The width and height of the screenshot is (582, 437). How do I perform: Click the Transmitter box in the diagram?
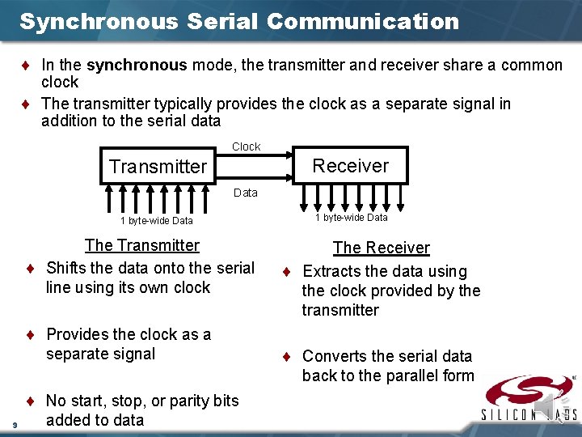[x=158, y=167]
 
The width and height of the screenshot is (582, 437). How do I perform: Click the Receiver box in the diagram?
[x=350, y=166]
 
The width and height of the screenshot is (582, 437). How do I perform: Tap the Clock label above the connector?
[x=246, y=146]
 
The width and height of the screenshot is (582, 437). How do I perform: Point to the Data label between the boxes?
[x=245, y=193]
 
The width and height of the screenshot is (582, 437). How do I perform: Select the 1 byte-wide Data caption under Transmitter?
[x=157, y=220]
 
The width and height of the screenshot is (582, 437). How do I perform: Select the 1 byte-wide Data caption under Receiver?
[x=351, y=217]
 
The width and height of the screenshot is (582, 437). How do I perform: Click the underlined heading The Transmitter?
[x=141, y=245]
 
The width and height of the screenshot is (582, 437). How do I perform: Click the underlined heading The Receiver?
[x=381, y=248]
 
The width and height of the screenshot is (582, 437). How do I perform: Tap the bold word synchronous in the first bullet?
[x=137, y=65]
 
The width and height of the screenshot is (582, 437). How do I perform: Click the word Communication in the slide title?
[x=363, y=21]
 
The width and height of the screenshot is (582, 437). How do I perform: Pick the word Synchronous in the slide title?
[x=99, y=21]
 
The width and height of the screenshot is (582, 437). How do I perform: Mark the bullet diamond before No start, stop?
[x=30, y=401]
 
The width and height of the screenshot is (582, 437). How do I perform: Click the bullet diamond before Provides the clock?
[x=30, y=335]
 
